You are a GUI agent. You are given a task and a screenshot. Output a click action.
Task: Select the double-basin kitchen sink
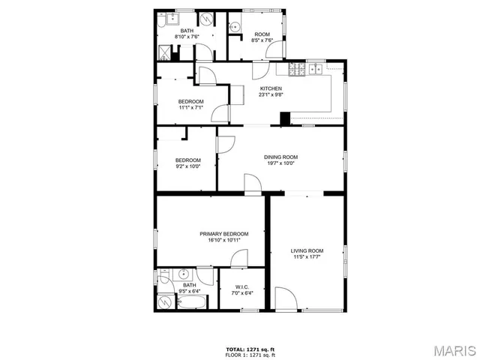click(313, 70)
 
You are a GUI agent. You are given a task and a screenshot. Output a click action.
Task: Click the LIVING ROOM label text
click(307, 250)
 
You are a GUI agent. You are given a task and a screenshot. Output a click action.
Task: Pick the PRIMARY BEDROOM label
click(223, 234)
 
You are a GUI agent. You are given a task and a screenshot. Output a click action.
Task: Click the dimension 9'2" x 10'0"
click(188, 166)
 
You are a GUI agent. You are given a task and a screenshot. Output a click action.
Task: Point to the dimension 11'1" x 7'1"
click(190, 107)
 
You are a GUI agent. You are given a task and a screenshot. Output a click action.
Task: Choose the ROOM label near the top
click(262, 34)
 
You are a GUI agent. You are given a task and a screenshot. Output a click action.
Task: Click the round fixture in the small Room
click(235, 26)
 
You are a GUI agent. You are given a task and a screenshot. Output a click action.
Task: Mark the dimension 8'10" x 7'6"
click(187, 37)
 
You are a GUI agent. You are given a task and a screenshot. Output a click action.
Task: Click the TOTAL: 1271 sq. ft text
click(250, 349)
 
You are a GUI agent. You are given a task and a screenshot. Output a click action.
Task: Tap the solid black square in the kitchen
click(285, 118)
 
